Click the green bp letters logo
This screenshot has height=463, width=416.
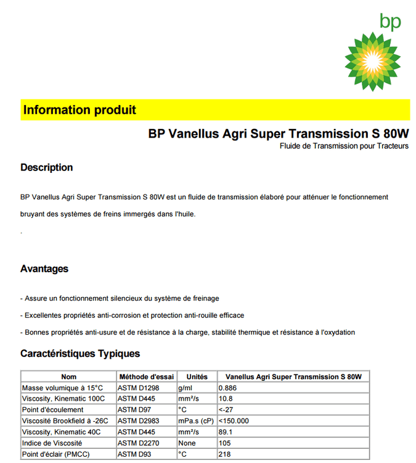tap(390, 22)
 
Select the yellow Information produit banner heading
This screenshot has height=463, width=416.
tap(80, 111)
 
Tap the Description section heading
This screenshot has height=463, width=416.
tap(47, 167)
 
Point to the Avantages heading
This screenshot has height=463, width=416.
tap(44, 269)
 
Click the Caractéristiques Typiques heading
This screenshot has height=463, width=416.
tap(80, 354)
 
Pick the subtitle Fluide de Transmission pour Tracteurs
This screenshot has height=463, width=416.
tap(344, 146)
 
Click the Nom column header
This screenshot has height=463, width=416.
tap(68, 377)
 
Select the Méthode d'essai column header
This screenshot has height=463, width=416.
tap(146, 377)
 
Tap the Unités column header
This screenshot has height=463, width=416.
tap(197, 377)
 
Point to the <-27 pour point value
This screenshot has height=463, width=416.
tap(226, 410)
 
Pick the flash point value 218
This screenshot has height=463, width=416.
tap(225, 454)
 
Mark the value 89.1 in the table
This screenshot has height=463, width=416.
tap(226, 432)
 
